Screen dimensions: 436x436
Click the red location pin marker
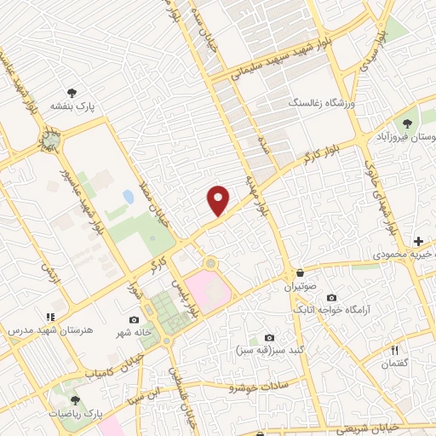pos(219,200)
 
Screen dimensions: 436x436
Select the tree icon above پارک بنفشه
pos(74,94)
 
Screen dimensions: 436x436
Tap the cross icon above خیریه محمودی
pos(419,242)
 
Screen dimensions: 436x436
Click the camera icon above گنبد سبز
pos(270,337)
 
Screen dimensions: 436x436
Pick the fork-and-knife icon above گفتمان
pos(394,350)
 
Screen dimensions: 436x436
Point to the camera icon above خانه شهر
pos(134,319)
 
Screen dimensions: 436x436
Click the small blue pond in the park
pos(128,197)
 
